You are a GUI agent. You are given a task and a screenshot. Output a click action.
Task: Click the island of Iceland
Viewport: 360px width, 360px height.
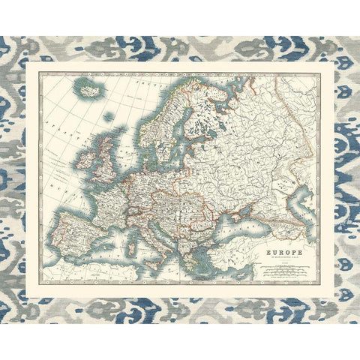tap(90, 91)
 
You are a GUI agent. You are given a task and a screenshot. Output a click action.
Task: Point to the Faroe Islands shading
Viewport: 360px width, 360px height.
tap(112, 118)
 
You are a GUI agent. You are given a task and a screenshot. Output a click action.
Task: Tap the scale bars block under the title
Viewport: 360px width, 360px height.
tap(280, 269)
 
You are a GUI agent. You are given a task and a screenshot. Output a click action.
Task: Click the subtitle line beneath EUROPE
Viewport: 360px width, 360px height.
tap(280, 259)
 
